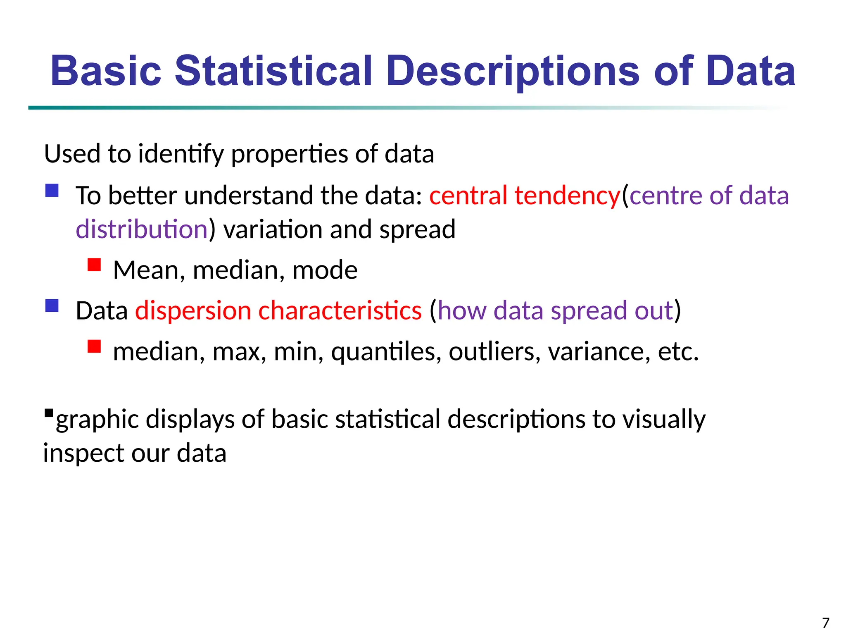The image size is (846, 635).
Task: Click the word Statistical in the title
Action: pos(273,71)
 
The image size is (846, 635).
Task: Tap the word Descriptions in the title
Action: pos(513,71)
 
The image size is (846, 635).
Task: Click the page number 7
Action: pos(825,623)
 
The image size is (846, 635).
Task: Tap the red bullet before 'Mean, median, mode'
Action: pos(94,265)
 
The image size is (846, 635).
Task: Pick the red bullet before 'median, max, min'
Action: pos(94,346)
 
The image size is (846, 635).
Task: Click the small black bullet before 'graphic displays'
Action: pos(49,413)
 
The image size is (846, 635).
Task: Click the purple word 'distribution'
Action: pos(142,229)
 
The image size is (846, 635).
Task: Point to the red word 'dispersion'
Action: pos(193,311)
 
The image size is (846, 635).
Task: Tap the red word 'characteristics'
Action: pos(340,311)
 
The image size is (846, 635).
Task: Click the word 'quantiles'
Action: pos(386,352)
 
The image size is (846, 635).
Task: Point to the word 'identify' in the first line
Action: pos(181,155)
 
